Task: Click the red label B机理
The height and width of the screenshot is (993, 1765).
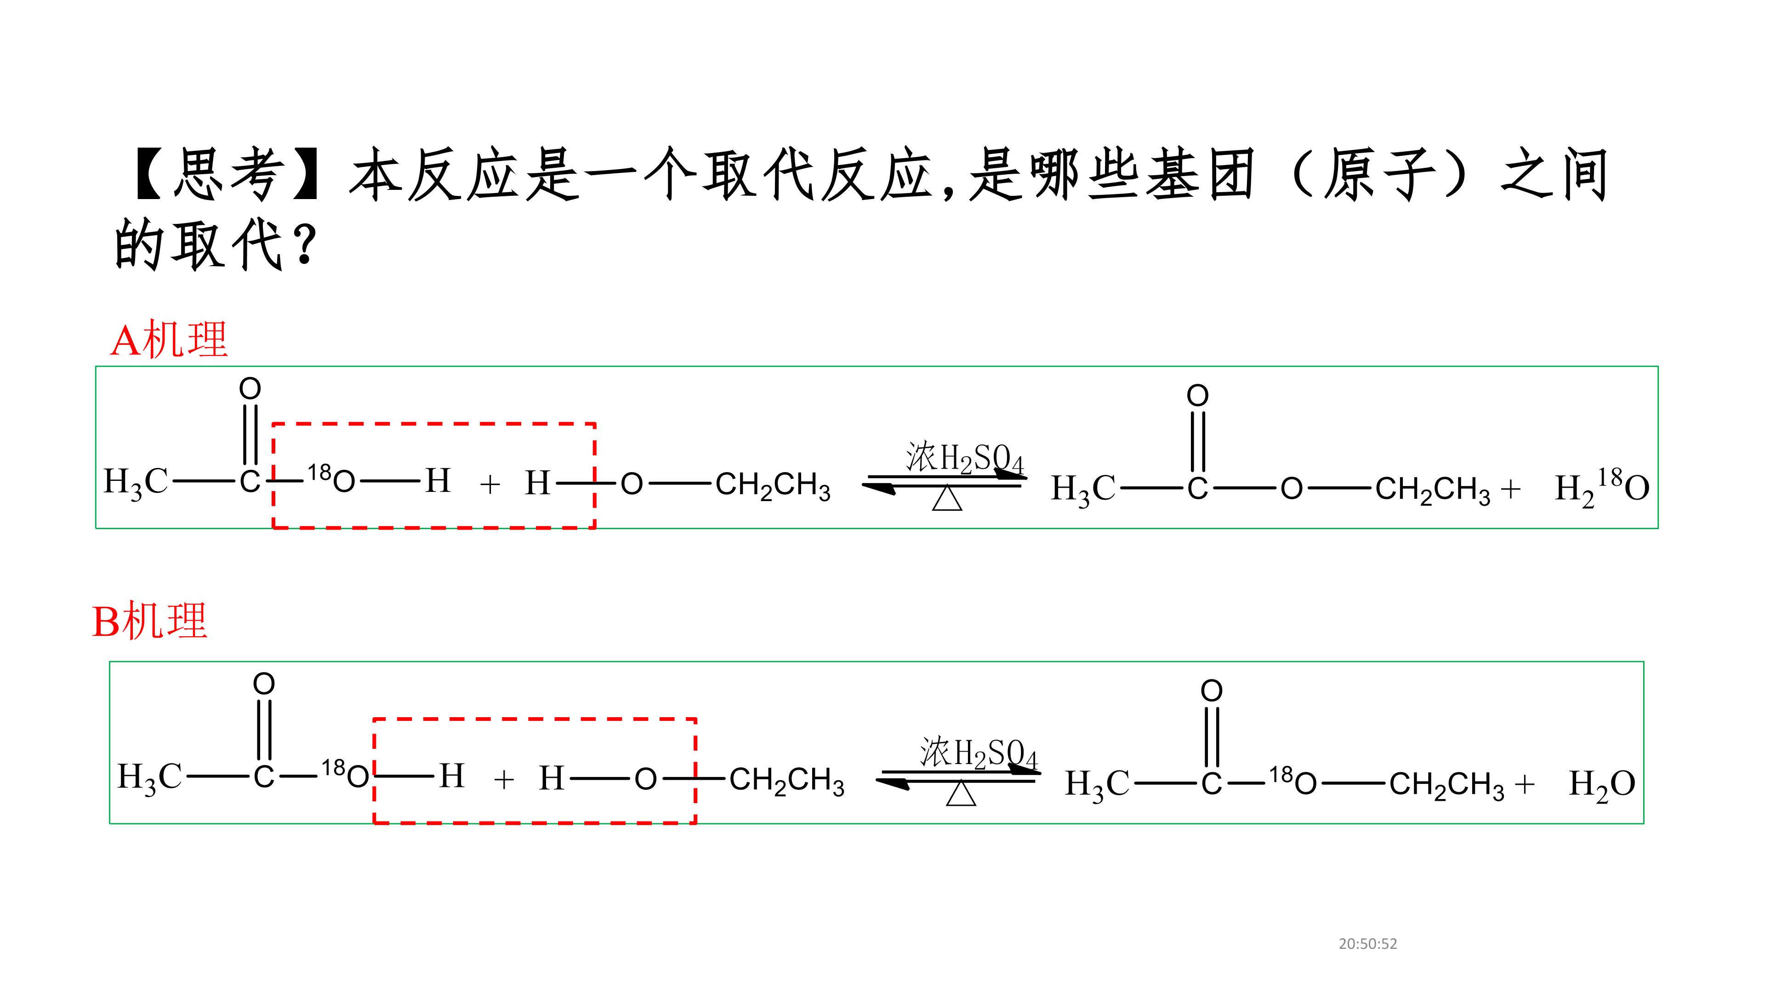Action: pyautogui.click(x=149, y=621)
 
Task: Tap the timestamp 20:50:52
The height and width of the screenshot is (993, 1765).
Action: pyautogui.click(x=1367, y=944)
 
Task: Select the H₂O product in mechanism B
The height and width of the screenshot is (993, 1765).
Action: pyautogui.click(x=1602, y=784)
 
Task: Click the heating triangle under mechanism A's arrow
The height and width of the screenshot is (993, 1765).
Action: pyautogui.click(x=948, y=498)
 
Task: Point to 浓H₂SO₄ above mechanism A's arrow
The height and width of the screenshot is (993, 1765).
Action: pyautogui.click(x=965, y=458)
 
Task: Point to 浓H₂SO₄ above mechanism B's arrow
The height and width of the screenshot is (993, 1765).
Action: pyautogui.click(x=979, y=753)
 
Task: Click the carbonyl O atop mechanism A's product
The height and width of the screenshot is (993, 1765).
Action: pyautogui.click(x=1198, y=395)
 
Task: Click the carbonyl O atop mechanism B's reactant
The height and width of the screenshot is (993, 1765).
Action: pyautogui.click(x=264, y=683)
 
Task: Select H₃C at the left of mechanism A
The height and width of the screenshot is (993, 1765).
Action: pyautogui.click(x=136, y=482)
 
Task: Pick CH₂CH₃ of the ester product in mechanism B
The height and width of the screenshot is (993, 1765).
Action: pyautogui.click(x=1447, y=785)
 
